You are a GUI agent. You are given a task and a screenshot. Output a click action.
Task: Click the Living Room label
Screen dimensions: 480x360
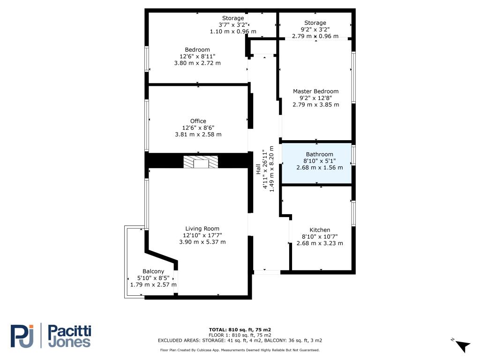(x=202, y=229)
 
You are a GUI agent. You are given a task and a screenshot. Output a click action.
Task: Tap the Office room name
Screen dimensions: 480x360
(x=198, y=121)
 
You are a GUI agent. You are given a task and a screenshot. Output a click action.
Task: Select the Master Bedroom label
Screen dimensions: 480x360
(x=315, y=91)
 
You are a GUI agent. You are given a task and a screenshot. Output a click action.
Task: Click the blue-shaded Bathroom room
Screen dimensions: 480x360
(x=316, y=164)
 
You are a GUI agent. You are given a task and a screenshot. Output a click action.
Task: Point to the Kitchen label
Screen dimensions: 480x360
(x=320, y=230)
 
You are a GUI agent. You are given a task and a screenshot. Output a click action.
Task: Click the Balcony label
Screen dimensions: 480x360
(x=153, y=271)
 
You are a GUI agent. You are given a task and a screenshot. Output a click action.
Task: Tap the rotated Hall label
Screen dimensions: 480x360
(x=258, y=169)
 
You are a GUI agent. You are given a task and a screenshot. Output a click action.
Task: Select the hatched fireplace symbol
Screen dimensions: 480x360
(x=201, y=162)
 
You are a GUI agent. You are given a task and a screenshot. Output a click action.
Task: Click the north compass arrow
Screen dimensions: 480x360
(x=462, y=345)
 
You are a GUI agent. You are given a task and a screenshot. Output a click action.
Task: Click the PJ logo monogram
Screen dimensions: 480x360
(x=22, y=336)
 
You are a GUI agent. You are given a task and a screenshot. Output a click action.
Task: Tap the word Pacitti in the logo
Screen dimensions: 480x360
(x=70, y=331)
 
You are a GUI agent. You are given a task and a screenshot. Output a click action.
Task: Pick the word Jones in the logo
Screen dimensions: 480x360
(x=69, y=342)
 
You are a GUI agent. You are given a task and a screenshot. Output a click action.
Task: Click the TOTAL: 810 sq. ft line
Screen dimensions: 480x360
(x=240, y=330)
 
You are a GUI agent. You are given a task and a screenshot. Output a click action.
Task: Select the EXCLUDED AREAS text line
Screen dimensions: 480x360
(x=240, y=340)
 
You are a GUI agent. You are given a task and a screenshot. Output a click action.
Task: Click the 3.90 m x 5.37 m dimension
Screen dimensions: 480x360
(x=202, y=242)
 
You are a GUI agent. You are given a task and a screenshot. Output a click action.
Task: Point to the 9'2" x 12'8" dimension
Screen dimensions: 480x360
(x=315, y=98)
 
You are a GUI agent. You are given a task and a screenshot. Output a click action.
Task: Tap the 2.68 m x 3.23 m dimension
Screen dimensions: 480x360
(x=320, y=243)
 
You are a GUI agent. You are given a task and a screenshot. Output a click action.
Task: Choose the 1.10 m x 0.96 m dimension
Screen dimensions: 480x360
(x=233, y=31)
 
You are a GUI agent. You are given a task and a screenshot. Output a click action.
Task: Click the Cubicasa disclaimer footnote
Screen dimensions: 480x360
(x=240, y=350)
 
